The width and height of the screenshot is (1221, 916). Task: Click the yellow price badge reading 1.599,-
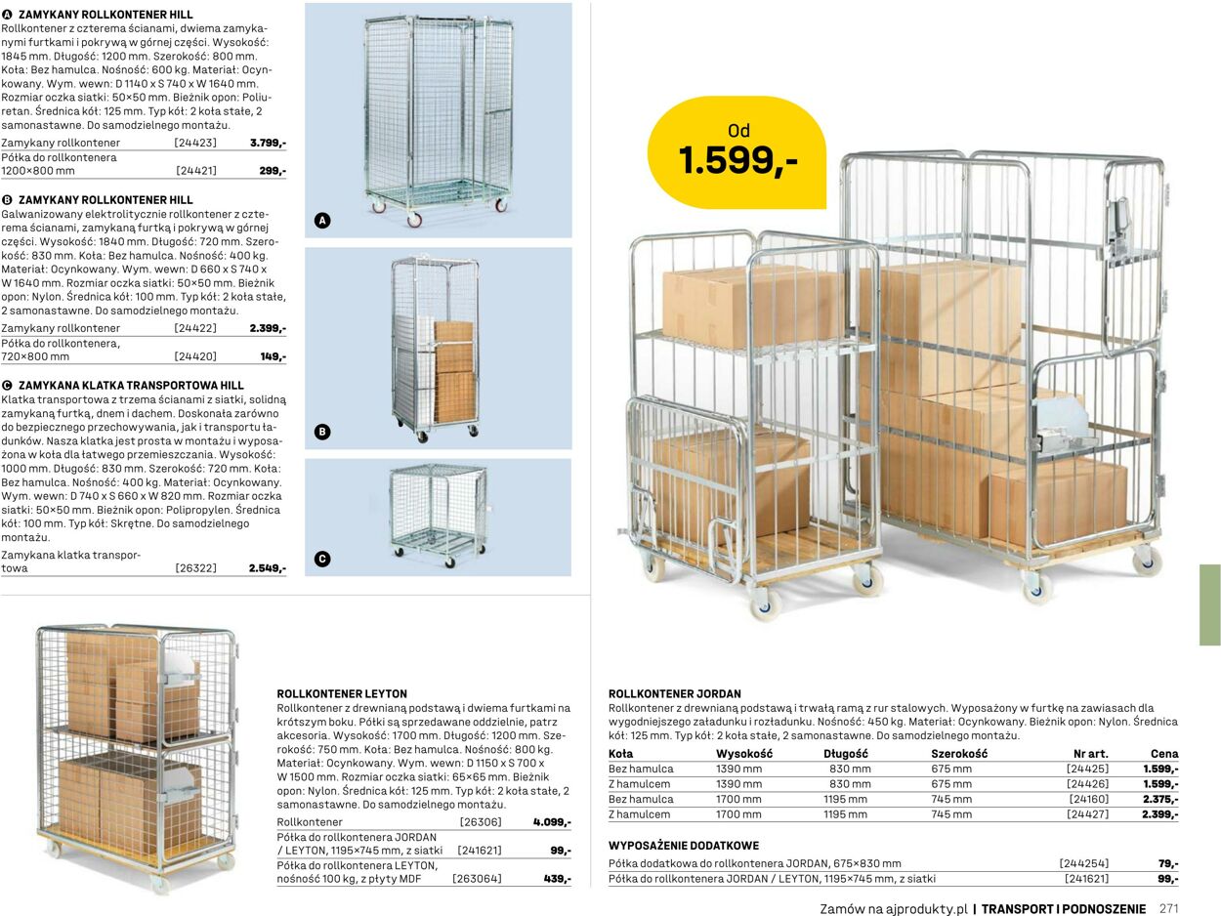[x=737, y=152]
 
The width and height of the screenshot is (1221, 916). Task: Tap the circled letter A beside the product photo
[x=322, y=221]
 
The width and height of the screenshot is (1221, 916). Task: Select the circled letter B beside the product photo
[x=322, y=433]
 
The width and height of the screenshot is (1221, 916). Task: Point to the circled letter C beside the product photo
[x=322, y=559]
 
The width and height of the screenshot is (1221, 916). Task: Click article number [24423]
[x=195, y=143]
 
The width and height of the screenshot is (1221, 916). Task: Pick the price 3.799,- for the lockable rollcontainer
[x=268, y=143]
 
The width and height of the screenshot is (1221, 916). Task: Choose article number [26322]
[x=195, y=568]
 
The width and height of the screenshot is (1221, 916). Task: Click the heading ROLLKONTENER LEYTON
[x=342, y=694]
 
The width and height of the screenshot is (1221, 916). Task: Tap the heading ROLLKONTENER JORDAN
[x=675, y=694]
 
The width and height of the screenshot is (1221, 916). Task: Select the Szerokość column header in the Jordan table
[x=959, y=754]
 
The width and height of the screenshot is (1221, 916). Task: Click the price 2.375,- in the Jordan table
[x=1160, y=799]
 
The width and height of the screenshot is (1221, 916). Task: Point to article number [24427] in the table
[x=1087, y=814]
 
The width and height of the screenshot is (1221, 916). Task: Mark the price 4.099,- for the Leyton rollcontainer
[x=552, y=822]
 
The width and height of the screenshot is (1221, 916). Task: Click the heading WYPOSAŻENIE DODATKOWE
[x=684, y=846]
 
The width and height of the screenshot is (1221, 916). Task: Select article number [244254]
[x=1084, y=863]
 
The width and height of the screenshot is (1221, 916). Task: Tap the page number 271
[x=1169, y=908]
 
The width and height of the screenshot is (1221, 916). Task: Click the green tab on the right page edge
[x=1210, y=604]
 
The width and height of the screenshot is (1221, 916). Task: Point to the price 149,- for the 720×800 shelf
[x=274, y=356]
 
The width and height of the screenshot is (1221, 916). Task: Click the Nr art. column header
[x=1091, y=754]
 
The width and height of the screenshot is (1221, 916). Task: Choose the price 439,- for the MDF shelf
[x=558, y=879]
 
